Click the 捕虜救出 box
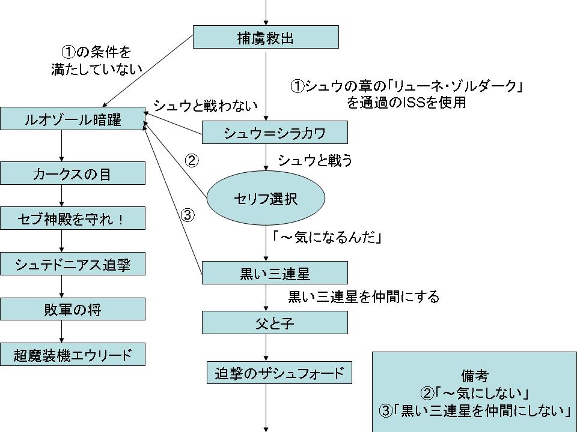coord(266,37)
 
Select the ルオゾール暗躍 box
coord(73,119)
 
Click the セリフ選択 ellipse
coord(266,199)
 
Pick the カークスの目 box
coord(73,173)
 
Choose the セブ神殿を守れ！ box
coord(73,218)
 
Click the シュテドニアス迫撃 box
coord(73,263)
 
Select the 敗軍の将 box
coord(73,309)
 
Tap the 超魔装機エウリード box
coord(73,354)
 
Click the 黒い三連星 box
coord(275,273)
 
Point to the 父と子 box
coord(275,323)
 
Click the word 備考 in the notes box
coord(475,376)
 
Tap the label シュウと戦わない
coord(206,106)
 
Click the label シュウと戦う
coord(315,160)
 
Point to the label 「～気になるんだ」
coord(328,238)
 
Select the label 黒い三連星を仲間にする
coord(364,296)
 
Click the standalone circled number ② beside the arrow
coord(191,161)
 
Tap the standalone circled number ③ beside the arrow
coord(188,215)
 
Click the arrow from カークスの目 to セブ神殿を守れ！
coord(62,196)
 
